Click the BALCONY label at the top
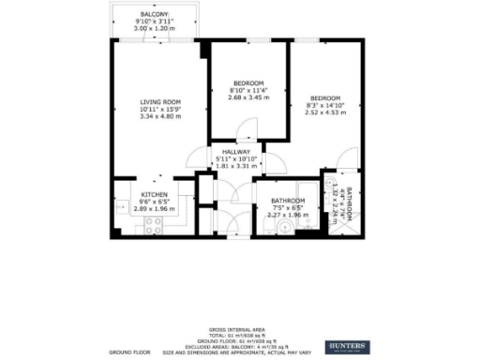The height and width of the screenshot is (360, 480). (155, 15)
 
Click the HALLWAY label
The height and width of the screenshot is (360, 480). (234, 151)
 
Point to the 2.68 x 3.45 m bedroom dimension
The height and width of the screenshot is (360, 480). (247, 97)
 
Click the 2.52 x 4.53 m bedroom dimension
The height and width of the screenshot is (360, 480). (324, 112)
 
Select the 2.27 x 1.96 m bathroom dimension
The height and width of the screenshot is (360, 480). (288, 216)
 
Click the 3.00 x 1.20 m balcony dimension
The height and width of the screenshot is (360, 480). (155, 30)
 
